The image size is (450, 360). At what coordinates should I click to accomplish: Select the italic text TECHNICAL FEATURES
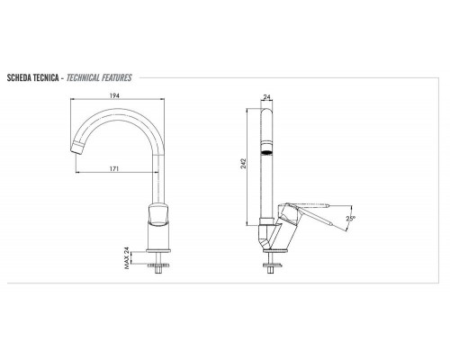(x=99, y=78)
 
